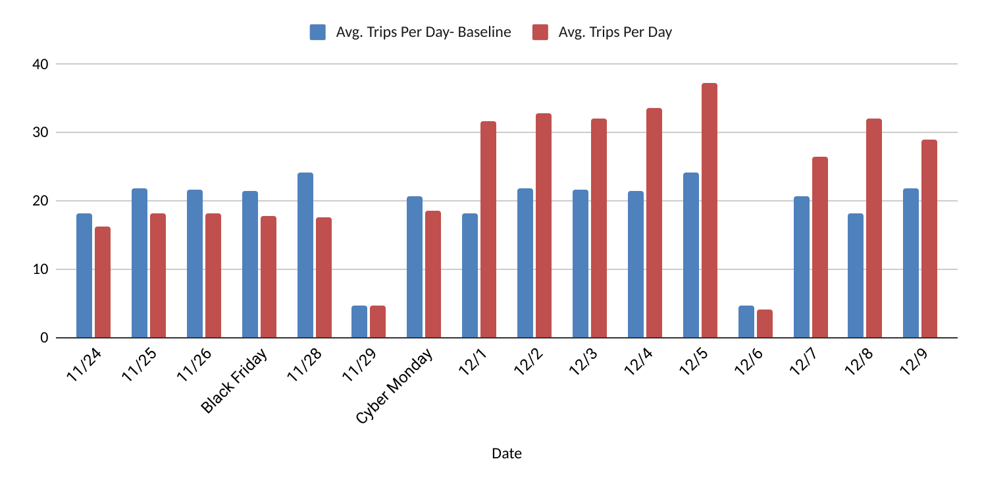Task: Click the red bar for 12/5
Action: click(709, 211)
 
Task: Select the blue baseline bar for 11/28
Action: click(305, 256)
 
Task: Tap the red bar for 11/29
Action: click(378, 322)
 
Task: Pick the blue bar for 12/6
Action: click(746, 322)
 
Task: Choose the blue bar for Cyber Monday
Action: click(415, 267)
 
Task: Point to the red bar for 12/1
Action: click(488, 230)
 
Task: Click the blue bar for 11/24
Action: click(84, 276)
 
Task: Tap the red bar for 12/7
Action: click(819, 248)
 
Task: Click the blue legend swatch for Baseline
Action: click(318, 32)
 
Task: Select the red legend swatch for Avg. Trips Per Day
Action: click(540, 32)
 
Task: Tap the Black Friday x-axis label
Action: click(236, 382)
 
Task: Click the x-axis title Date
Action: click(507, 454)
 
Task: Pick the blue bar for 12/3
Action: click(581, 264)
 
